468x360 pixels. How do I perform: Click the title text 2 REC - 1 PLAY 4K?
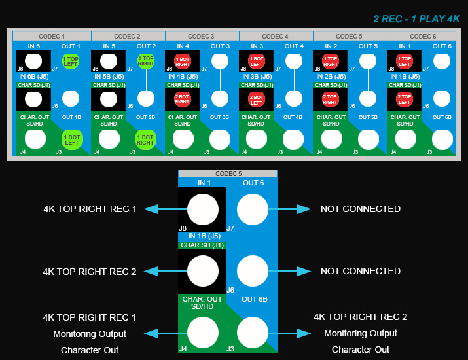[416, 19]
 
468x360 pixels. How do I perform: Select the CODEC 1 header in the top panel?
[53, 36]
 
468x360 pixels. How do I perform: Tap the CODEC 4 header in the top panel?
[276, 36]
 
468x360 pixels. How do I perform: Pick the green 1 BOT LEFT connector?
[71, 139]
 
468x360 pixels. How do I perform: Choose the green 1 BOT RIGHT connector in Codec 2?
[145, 139]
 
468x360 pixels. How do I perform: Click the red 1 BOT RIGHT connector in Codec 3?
[181, 62]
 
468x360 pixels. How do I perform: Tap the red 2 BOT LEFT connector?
[256, 100]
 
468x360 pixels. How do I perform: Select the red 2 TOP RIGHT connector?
[330, 100]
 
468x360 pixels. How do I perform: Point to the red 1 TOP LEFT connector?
[404, 62]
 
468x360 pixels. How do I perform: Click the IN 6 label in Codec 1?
[34, 46]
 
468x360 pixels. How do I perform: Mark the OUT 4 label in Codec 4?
[294, 46]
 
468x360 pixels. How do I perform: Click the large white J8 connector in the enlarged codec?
[203, 210]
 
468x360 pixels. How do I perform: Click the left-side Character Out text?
[90, 350]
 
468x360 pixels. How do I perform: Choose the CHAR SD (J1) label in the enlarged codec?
[202, 245]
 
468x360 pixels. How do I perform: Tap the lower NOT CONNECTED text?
[360, 271]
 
